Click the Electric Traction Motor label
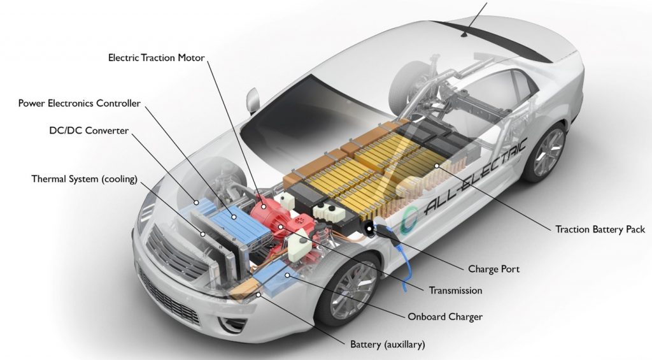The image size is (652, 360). pos(157,57)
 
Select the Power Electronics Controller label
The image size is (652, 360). pos(80,103)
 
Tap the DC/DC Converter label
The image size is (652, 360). pos(89,131)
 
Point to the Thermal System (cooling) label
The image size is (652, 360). pos(85,179)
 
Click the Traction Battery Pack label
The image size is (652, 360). pos(600,229)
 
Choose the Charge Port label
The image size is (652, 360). pos(494,269)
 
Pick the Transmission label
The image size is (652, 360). pos(456,291)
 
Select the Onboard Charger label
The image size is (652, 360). pos(445,317)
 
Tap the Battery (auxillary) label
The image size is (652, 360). pos(388,345)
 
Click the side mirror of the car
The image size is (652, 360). pos(252,100)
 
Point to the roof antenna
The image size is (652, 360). pos(464,34)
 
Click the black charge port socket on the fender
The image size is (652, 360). pos(368,229)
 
